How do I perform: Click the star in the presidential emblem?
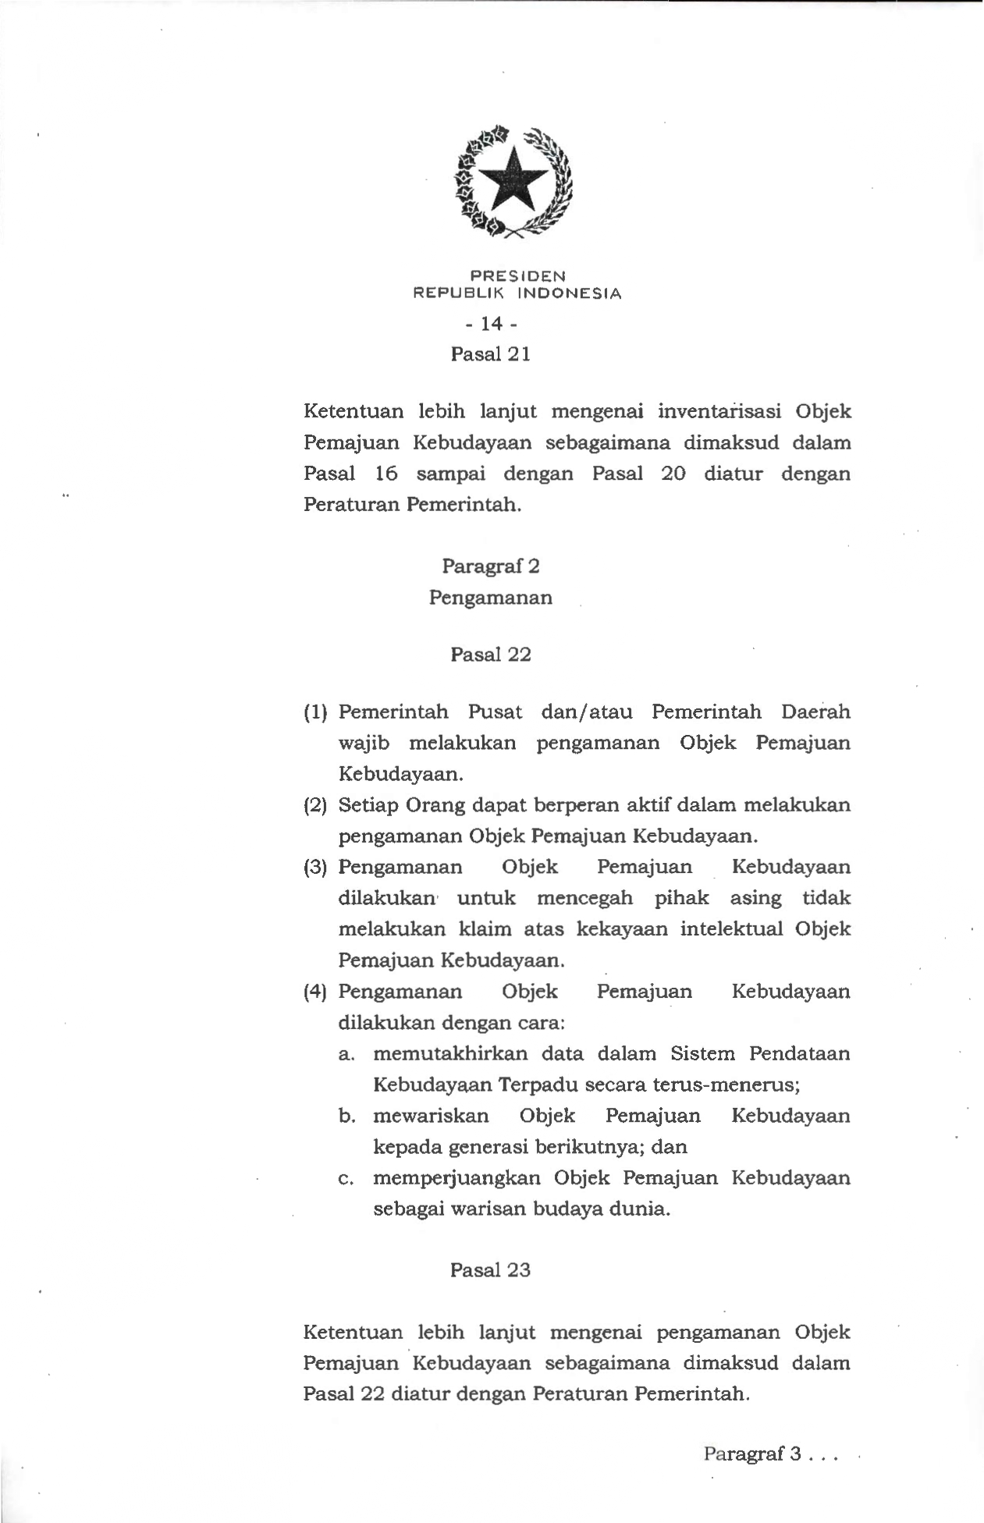[x=513, y=179]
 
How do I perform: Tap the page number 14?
[x=491, y=323]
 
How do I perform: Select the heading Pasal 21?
[x=491, y=354]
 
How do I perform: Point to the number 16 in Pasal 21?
[x=385, y=474]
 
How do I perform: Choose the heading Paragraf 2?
[x=491, y=566]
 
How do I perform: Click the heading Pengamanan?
[x=491, y=598]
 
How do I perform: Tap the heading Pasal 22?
[x=491, y=655]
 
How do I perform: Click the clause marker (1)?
[x=315, y=712]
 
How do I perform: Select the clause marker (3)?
[x=315, y=868]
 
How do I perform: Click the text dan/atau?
[x=586, y=712]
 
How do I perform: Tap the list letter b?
[x=347, y=1117]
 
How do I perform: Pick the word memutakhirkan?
[x=450, y=1054]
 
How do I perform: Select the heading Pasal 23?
[x=491, y=1270]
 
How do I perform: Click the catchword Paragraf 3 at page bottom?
[x=752, y=1454]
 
